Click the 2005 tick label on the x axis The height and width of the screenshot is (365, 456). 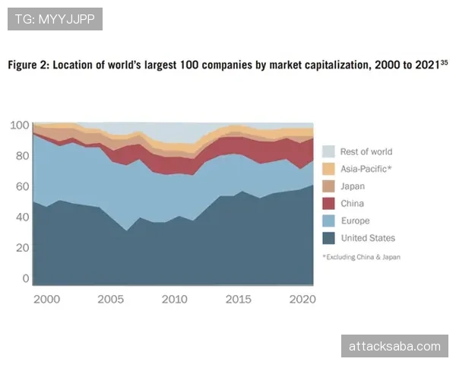[x=111, y=299]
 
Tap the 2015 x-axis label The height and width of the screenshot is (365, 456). [x=239, y=299]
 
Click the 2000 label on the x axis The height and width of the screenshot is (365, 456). [x=46, y=299]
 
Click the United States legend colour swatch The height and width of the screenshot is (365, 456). [x=328, y=238]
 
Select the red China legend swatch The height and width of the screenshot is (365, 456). [x=328, y=203]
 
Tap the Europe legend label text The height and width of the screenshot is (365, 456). [x=355, y=221]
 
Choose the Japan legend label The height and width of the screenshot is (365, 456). [x=353, y=186]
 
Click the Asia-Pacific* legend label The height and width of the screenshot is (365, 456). [x=366, y=168]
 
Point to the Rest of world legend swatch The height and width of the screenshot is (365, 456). [x=328, y=151]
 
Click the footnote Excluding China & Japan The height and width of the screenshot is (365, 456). [x=361, y=257]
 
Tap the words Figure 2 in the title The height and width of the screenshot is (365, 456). [x=28, y=66]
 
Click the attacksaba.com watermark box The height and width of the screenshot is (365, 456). [x=394, y=346]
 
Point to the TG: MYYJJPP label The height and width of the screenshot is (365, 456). [x=55, y=18]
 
